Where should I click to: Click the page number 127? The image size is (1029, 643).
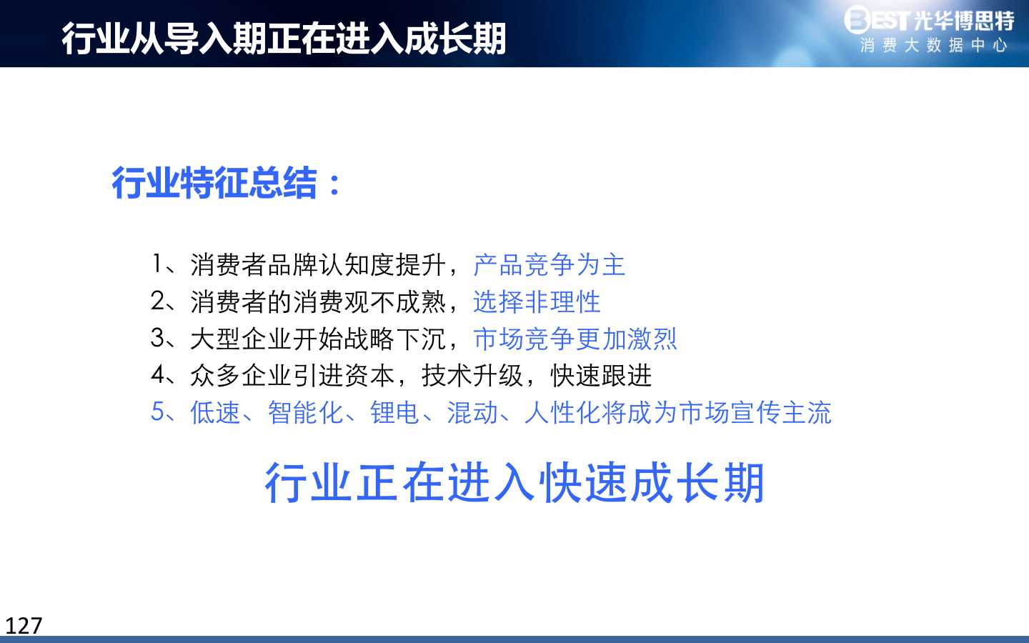click(x=24, y=626)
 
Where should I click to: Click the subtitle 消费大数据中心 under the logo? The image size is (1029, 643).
click(x=933, y=46)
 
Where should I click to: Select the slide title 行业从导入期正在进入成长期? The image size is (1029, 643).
click(x=284, y=38)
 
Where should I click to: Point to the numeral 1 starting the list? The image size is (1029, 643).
click(x=156, y=264)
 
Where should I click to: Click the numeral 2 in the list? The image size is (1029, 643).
click(x=157, y=301)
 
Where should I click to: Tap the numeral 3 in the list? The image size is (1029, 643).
click(x=157, y=338)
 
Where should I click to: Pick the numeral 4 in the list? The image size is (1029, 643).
click(x=157, y=374)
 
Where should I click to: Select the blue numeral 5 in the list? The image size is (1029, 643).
click(x=157, y=412)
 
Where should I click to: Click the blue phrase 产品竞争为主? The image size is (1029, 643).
click(x=549, y=264)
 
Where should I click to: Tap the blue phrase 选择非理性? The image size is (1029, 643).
click(x=537, y=301)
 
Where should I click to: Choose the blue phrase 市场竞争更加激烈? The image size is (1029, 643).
click(x=575, y=339)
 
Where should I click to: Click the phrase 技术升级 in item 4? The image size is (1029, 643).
click(x=472, y=375)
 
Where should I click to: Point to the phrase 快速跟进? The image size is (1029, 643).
click(x=601, y=375)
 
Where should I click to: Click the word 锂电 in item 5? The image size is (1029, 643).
click(x=394, y=412)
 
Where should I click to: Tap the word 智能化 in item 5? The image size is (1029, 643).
click(x=305, y=412)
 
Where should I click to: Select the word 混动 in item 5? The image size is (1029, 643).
click(x=472, y=412)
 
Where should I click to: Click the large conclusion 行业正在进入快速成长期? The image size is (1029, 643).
click(x=514, y=482)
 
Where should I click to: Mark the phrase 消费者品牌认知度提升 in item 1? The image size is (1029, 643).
click(x=317, y=264)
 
